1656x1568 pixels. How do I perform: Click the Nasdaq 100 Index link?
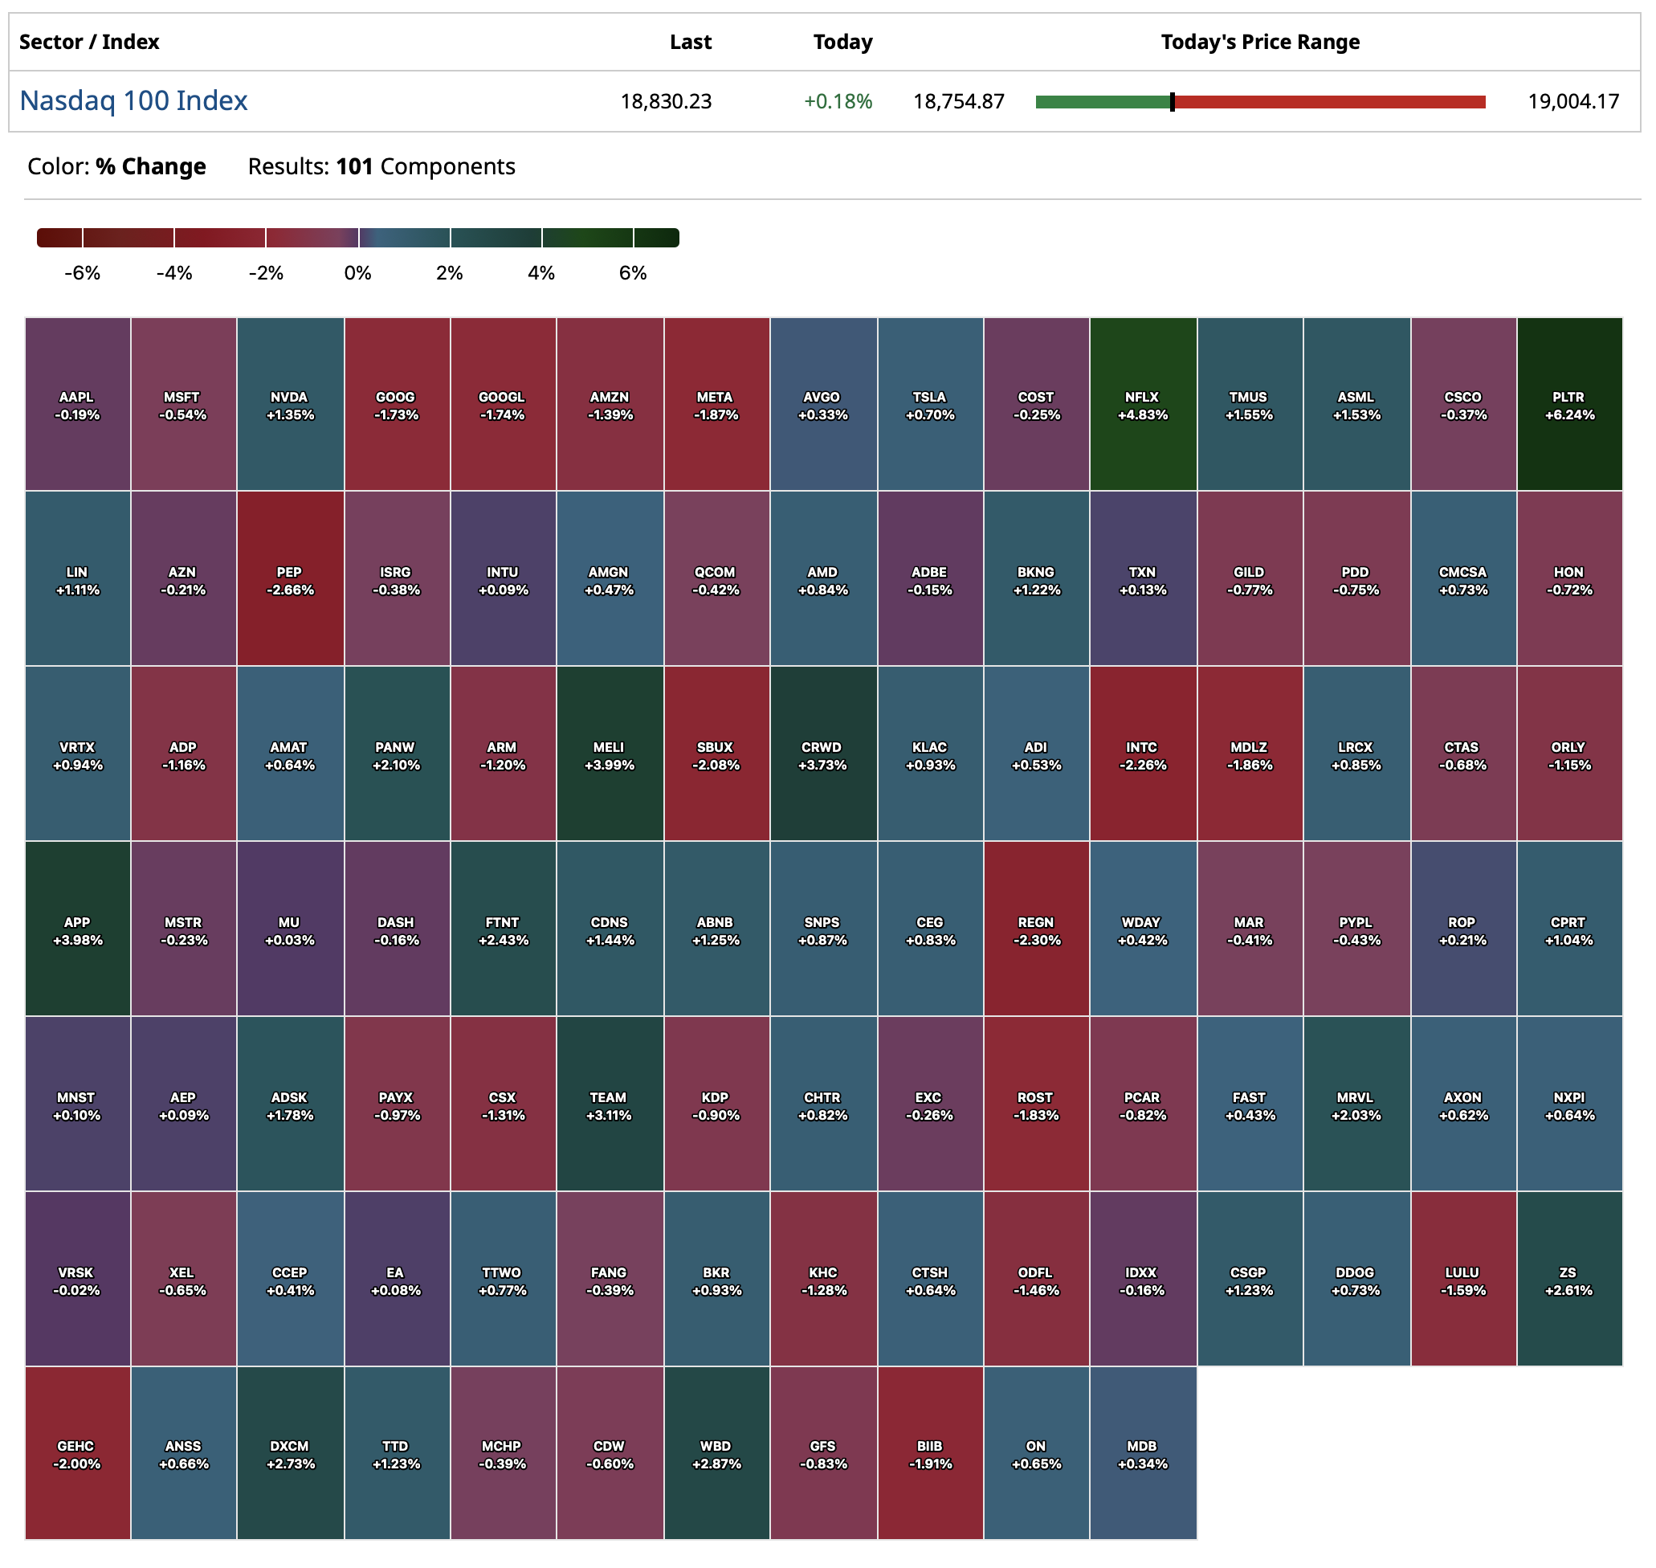tap(133, 101)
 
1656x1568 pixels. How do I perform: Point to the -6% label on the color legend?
tap(82, 273)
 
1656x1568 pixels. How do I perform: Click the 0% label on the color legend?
tap(357, 273)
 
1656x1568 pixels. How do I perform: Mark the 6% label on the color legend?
tap(633, 273)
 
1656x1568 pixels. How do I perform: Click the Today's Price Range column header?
tap(1259, 42)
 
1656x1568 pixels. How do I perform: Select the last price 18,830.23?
tap(666, 102)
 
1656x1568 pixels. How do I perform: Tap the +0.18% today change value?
tap(837, 102)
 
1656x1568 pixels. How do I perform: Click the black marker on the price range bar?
tap(1172, 102)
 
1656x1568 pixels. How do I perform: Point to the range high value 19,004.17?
tap(1572, 102)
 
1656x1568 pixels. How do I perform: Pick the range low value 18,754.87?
tap(958, 102)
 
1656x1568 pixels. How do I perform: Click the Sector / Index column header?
tap(89, 42)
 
